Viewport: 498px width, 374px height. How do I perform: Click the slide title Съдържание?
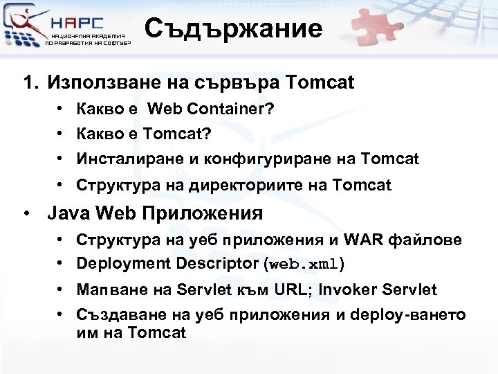click(233, 29)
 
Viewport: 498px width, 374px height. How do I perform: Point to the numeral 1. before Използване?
click(30, 83)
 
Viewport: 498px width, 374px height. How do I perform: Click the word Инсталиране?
click(127, 159)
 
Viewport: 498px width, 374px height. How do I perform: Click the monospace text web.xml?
click(304, 265)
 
